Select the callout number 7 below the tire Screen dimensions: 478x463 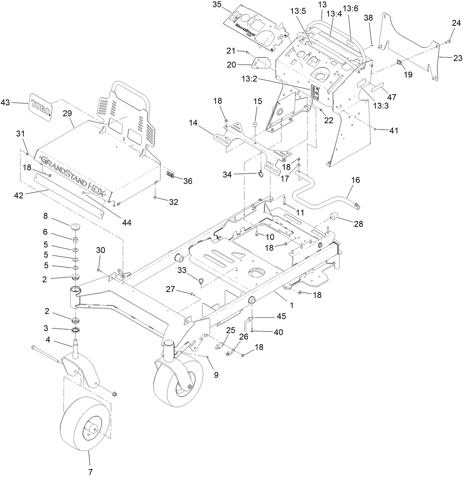coord(91,471)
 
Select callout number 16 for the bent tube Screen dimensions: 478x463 coord(356,180)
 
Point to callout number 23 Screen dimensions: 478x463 coord(457,57)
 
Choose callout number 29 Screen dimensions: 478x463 coord(67,113)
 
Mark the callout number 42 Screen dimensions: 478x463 coord(18,195)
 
